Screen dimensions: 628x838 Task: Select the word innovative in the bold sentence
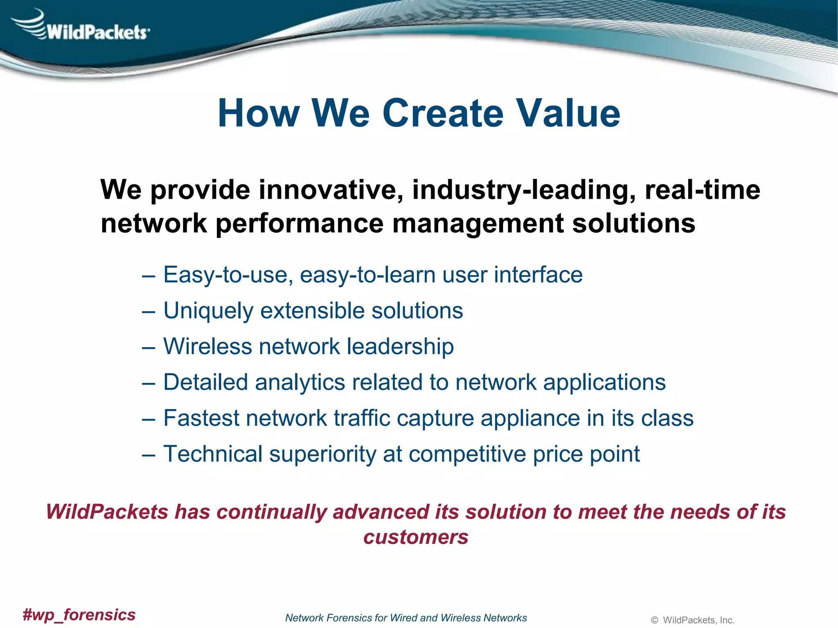[x=331, y=190]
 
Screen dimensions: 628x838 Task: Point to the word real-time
[x=702, y=190]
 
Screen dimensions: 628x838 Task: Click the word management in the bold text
[x=478, y=224]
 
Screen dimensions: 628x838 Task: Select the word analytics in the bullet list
[x=300, y=382]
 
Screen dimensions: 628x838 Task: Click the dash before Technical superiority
[x=149, y=455]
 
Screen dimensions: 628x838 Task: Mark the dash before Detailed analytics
[x=149, y=383]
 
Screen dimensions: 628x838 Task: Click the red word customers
[x=416, y=537]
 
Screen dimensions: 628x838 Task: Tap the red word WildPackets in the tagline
[x=107, y=512]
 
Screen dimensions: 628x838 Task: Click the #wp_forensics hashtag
[x=79, y=615]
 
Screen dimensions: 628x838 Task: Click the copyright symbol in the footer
[x=654, y=620]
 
